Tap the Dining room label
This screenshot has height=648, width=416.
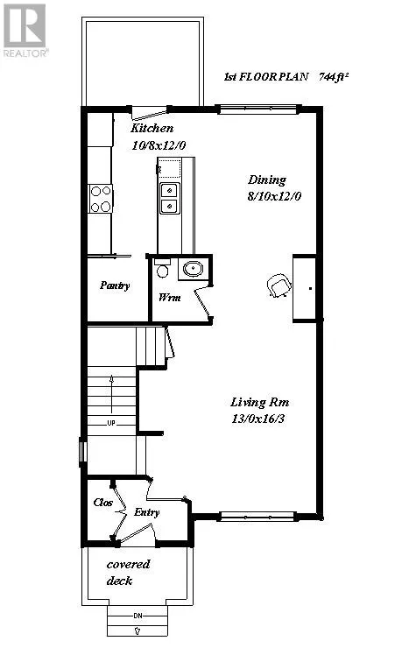pos(267,180)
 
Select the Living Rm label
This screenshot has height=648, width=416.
pos(260,402)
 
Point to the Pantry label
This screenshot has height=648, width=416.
pos(116,285)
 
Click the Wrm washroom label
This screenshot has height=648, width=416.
pos(168,298)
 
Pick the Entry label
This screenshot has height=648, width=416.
pos(146,512)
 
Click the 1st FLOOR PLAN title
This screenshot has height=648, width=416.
pos(265,78)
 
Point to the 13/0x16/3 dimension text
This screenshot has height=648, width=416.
pos(261,419)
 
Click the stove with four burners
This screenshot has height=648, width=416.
pos(101,199)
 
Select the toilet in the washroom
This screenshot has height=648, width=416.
pos(160,270)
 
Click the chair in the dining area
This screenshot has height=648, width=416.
pos(279,285)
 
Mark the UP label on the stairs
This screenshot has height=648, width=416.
pos(111,423)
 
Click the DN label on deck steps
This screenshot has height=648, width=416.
pos(137,616)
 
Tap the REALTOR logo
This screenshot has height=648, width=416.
pos(24,30)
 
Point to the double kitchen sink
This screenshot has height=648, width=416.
pos(168,198)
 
